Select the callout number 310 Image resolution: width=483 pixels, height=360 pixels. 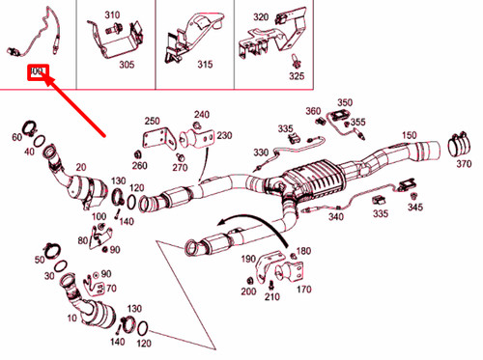click(113, 16)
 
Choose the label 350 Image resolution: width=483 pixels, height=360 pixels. click(345, 102)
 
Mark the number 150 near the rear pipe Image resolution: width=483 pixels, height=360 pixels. click(409, 135)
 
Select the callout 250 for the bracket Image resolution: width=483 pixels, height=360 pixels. click(152, 121)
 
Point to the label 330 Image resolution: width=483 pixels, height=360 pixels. click(261, 152)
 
